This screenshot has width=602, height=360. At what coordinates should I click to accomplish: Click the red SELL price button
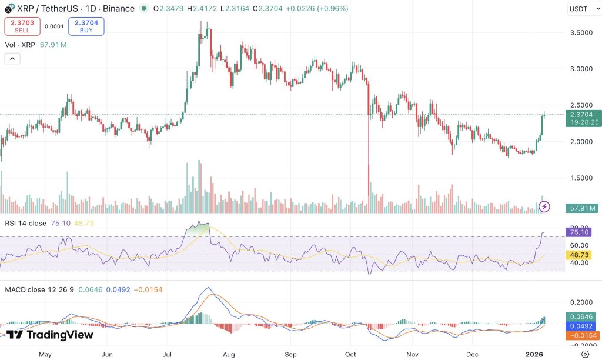coord(22,26)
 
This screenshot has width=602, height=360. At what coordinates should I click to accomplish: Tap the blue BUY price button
coord(86,26)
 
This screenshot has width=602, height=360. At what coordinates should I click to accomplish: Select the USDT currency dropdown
coord(582,9)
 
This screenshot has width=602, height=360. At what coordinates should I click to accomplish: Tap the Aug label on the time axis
coord(229,355)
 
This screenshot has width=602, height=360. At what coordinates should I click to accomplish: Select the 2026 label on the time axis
coord(534,355)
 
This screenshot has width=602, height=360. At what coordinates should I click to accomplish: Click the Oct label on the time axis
coord(351,355)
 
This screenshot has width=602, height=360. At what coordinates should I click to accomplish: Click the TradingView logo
coord(50,335)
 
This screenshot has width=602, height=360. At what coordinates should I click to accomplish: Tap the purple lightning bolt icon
coord(544,206)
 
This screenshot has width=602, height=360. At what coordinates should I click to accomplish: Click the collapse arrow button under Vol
coord(12,58)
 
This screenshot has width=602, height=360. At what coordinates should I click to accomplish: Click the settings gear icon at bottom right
coord(585,354)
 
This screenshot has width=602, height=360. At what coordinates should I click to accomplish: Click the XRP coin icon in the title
coord(8,9)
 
